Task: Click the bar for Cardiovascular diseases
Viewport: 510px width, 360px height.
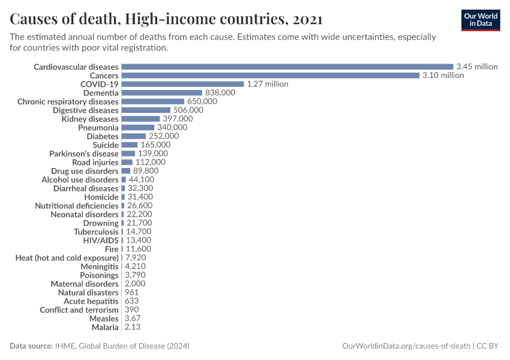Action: point(287,67)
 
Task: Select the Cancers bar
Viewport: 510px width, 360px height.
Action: point(270,76)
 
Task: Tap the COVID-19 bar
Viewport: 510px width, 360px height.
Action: point(182,84)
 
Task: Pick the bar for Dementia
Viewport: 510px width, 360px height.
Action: point(161,93)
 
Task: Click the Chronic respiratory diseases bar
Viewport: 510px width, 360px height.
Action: point(152,101)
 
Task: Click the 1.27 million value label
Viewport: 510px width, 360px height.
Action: point(268,84)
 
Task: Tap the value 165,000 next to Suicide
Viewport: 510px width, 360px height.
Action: point(155,145)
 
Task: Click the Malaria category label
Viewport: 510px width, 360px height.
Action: point(105,327)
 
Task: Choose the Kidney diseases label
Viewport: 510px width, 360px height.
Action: point(90,119)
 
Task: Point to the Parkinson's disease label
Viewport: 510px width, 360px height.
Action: point(84,154)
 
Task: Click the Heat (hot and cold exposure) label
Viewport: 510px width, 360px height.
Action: point(67,257)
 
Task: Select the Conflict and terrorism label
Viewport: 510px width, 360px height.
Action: point(79,310)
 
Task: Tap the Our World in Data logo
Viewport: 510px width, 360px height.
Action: point(480,20)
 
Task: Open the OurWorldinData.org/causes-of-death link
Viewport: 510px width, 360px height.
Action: point(406,346)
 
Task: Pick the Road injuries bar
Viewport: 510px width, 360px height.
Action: point(127,162)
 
